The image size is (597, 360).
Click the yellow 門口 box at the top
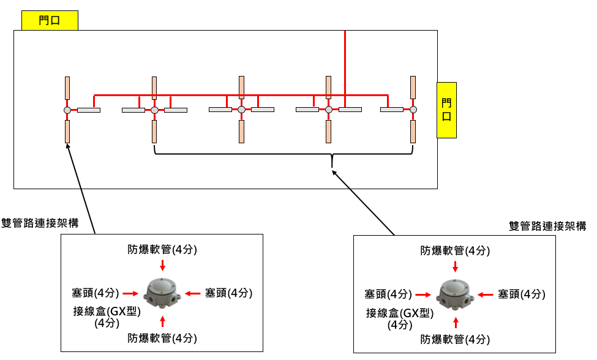tap(50, 21)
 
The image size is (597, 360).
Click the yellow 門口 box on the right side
tap(447, 110)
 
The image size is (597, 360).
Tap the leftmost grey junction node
tap(67, 110)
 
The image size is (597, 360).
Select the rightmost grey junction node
tap(414, 110)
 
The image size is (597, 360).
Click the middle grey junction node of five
tap(241, 110)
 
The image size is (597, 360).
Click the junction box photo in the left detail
tap(162, 294)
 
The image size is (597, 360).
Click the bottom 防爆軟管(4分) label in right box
tap(455, 339)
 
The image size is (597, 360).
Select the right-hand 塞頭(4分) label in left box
tap(228, 293)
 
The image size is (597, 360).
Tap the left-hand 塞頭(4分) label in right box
tap(388, 294)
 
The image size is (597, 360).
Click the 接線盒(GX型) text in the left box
tap(107, 311)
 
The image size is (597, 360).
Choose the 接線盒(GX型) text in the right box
tap(400, 313)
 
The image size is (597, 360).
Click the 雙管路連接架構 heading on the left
tap(40, 223)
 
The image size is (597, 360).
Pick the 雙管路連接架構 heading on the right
tap(547, 226)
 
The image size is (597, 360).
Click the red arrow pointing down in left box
tap(162, 264)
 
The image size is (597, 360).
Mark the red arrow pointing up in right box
tap(455, 323)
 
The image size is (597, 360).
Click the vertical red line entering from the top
tap(345, 61)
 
